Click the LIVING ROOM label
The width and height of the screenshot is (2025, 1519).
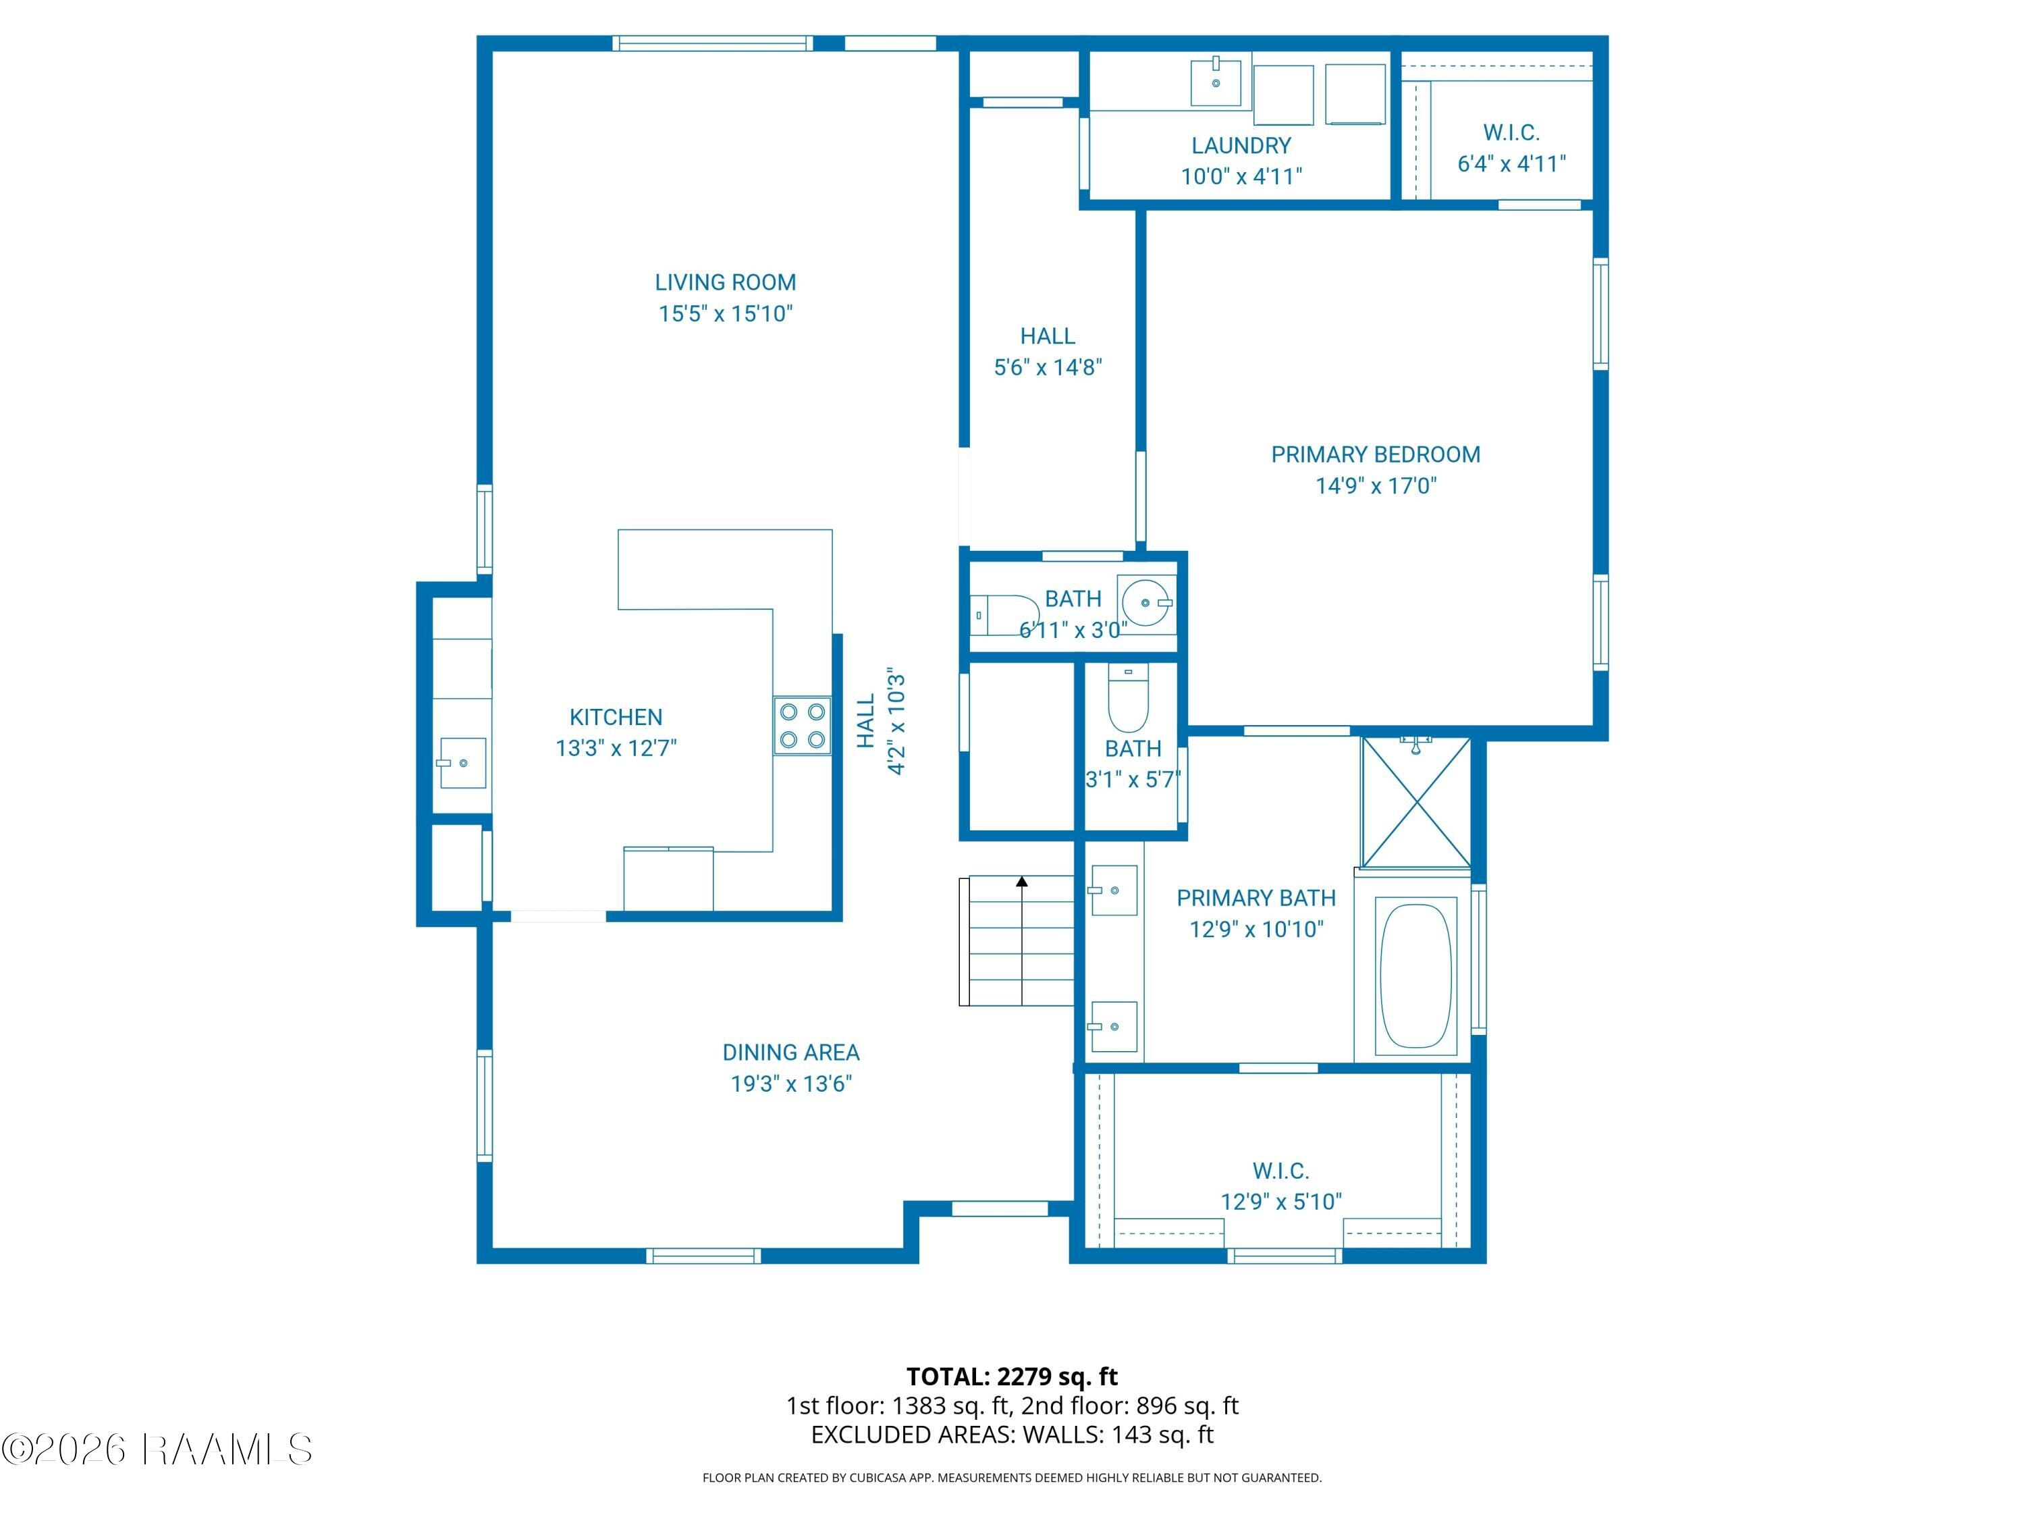coord(725,282)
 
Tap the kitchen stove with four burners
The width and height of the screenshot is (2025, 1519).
coord(803,725)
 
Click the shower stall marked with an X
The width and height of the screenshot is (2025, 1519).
coord(1415,802)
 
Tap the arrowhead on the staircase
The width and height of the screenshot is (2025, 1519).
coord(1022,882)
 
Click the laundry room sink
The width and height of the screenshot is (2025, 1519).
coord(1216,82)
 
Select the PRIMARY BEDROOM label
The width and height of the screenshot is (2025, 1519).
coord(1375,454)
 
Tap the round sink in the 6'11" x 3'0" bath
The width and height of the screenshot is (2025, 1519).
coord(1145,602)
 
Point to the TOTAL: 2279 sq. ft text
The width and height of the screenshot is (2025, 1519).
coord(1012,1376)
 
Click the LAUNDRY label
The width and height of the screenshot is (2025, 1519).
coord(1241,144)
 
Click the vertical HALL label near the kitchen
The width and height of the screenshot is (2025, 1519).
coord(866,720)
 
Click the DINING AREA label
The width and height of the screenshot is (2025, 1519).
coord(791,1052)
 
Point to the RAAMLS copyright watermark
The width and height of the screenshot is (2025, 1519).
coord(157,1449)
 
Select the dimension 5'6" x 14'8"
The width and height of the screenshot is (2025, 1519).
coord(1048,367)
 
